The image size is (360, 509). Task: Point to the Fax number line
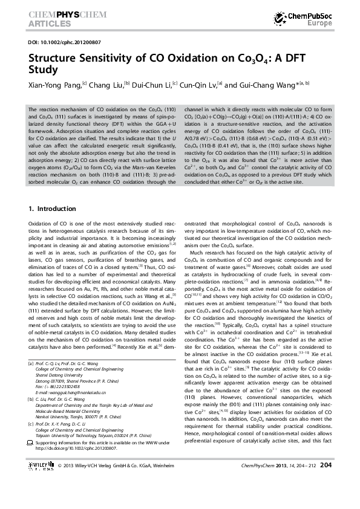(x=67, y=388)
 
